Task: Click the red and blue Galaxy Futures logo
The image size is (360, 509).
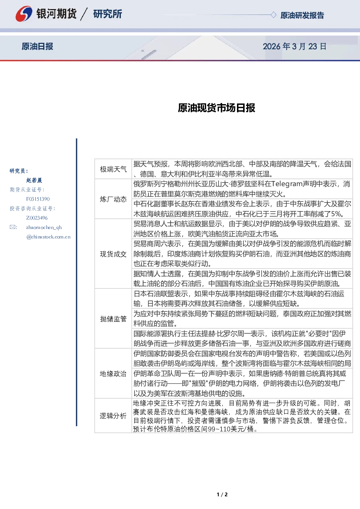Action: pyautogui.click(x=24, y=14)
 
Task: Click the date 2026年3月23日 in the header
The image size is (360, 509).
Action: pyautogui.click(x=295, y=46)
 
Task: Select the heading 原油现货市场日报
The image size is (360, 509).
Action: pyautogui.click(x=216, y=108)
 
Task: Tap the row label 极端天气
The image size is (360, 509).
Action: pyautogui.click(x=113, y=169)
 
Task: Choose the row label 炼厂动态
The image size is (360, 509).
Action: pyautogui.click(x=113, y=199)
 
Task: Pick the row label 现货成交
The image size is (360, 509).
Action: pyautogui.click(x=113, y=254)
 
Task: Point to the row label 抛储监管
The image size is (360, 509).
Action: pyautogui.click(x=113, y=319)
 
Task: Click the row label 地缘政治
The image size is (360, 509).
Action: pyautogui.click(x=113, y=374)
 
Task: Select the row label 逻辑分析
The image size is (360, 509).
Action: pyautogui.click(x=113, y=416)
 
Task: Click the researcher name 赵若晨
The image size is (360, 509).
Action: pyautogui.click(x=34, y=180)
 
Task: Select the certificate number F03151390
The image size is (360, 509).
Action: pyautogui.click(x=38, y=199)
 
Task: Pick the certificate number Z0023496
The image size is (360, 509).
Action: pyautogui.click(x=37, y=218)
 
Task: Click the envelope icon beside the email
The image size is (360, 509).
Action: pyautogui.click(x=12, y=227)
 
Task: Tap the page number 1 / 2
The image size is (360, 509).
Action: pyautogui.click(x=222, y=494)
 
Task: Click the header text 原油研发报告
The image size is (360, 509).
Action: pyautogui.click(x=302, y=15)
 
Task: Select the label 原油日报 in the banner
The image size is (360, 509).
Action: pyautogui.click(x=37, y=46)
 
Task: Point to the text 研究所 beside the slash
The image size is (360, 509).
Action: pyautogui.click(x=107, y=14)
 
